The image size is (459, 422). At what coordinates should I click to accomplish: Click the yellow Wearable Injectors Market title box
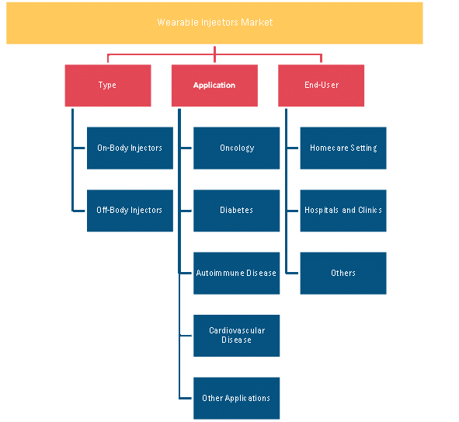[x=214, y=23]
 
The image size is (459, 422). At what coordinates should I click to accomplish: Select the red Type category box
[x=108, y=85]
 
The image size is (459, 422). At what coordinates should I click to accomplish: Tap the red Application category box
[x=214, y=85]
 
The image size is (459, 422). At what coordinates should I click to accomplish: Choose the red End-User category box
[x=321, y=85]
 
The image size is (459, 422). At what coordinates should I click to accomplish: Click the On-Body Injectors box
[x=130, y=148]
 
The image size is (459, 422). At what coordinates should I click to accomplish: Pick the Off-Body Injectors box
[x=130, y=211]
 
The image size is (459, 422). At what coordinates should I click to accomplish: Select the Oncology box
[x=237, y=148]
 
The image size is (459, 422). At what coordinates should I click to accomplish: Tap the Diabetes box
[x=237, y=211]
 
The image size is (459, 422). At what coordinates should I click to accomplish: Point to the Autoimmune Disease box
[x=237, y=274]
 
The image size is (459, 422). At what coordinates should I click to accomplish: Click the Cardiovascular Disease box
[x=237, y=336]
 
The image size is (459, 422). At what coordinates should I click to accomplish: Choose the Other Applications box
[x=237, y=398]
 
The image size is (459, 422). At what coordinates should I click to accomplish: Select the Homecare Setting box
[x=343, y=148]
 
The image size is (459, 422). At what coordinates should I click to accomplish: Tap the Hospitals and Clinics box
[x=343, y=211]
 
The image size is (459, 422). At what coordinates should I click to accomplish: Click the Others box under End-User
[x=343, y=274]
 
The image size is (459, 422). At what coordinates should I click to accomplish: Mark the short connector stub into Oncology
[x=186, y=148]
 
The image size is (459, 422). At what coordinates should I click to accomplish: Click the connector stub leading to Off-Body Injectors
[x=78, y=211]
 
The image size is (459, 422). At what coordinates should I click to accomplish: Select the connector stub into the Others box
[x=292, y=274]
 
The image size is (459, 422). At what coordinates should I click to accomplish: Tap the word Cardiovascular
[x=237, y=330]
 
